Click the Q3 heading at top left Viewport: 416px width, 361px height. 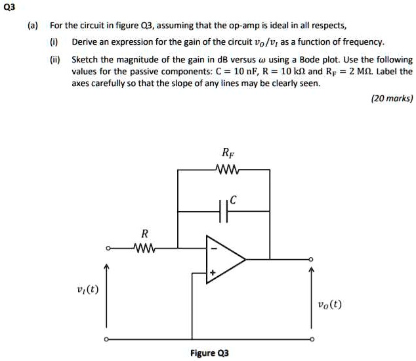9,7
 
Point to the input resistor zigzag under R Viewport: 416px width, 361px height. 144,248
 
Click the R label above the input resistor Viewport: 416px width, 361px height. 144,233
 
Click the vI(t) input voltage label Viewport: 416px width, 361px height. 87,289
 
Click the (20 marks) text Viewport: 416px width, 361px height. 392,99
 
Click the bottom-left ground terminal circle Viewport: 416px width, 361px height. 106,340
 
